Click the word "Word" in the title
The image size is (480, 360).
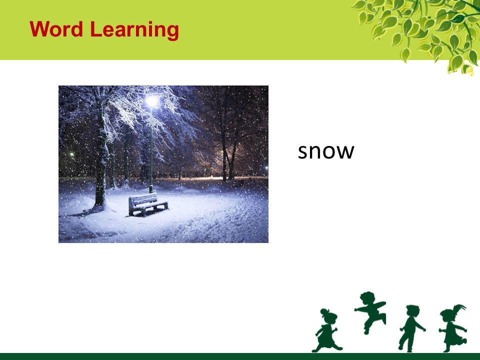[x=56, y=29]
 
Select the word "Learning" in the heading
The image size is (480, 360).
[x=134, y=30]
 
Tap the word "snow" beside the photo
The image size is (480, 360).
[x=326, y=151]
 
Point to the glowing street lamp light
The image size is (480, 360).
[x=152, y=100]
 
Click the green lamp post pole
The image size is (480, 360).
[x=150, y=150]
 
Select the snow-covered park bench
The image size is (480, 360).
[x=148, y=204]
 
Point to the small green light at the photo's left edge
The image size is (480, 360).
[x=72, y=154]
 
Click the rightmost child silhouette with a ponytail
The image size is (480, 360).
[x=453, y=328]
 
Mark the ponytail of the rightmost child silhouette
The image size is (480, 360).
[x=460, y=307]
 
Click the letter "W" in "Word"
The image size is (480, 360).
[x=40, y=29]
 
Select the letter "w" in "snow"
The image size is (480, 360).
[x=345, y=152]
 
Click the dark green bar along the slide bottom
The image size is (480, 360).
[x=240, y=356]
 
